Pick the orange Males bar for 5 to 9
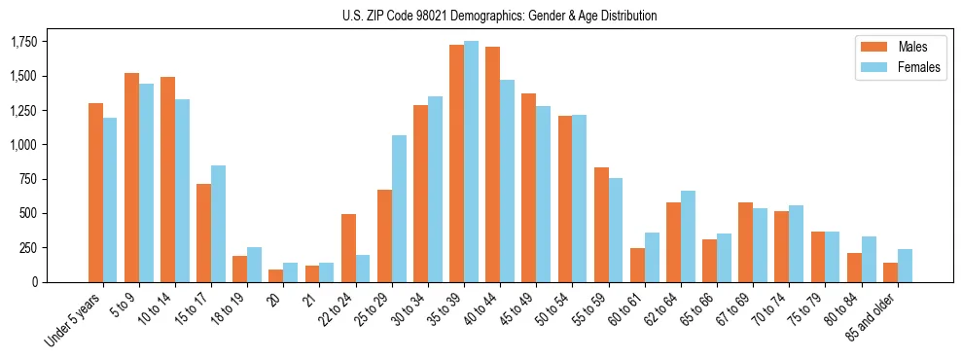pyautogui.click(x=131, y=177)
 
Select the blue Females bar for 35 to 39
pyautogui.click(x=472, y=162)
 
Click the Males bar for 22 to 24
pyautogui.click(x=348, y=248)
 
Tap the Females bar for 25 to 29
pyautogui.click(x=399, y=208)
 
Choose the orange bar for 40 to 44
pyautogui.click(x=493, y=164)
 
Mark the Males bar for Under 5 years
pyautogui.click(x=95, y=193)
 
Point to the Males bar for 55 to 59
pyautogui.click(x=601, y=225)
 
